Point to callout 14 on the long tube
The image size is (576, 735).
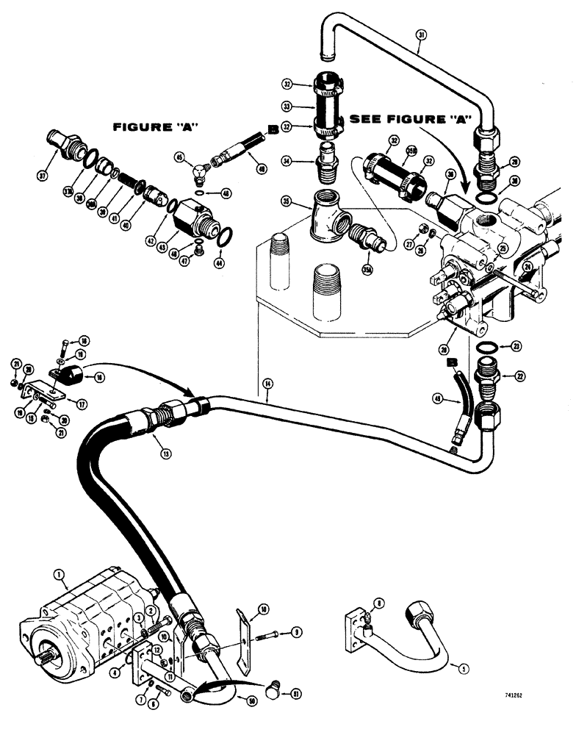[267, 384]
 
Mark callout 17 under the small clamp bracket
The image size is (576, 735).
[71, 402]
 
